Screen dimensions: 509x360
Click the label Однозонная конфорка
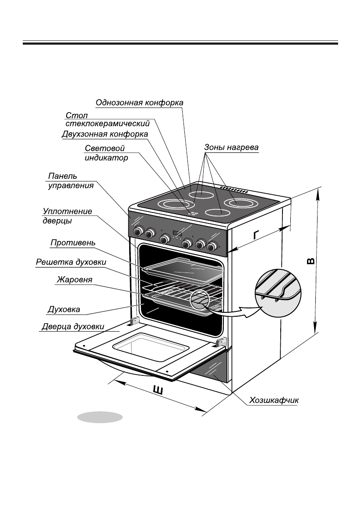[x=139, y=103]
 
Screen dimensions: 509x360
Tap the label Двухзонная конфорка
[x=105, y=134]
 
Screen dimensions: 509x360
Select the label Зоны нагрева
[x=231, y=148]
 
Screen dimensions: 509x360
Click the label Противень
[x=73, y=242]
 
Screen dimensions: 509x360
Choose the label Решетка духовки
[x=71, y=262]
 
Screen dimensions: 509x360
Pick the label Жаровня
[x=74, y=279]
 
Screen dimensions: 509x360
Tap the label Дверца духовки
[x=73, y=326]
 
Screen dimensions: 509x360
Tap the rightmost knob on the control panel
[x=213, y=246]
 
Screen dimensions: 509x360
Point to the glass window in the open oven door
[x=151, y=348]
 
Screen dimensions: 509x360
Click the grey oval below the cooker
[x=100, y=417]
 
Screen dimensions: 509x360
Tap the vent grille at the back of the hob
[x=234, y=190]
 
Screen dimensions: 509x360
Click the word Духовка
[x=64, y=310]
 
